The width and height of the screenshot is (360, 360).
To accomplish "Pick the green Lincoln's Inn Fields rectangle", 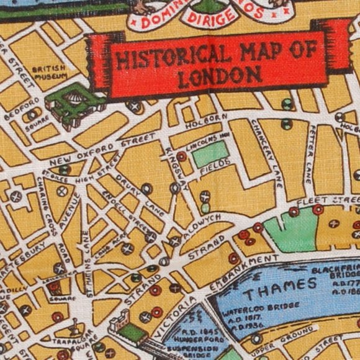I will point(210,153).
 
